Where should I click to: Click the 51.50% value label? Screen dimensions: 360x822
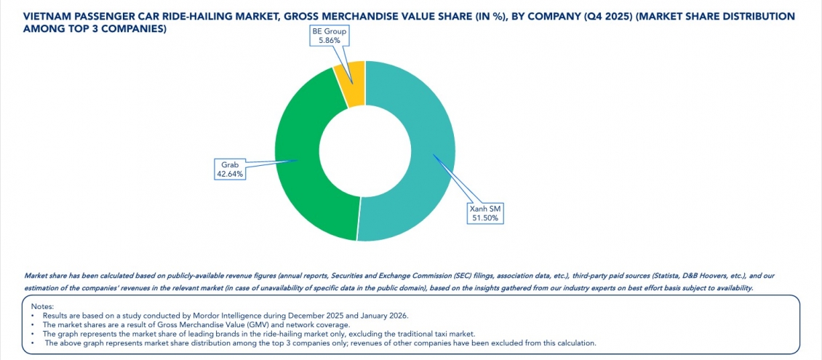coord(484,218)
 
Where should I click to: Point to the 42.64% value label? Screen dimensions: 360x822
coord(230,174)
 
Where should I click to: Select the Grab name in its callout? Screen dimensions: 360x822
coord(230,165)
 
